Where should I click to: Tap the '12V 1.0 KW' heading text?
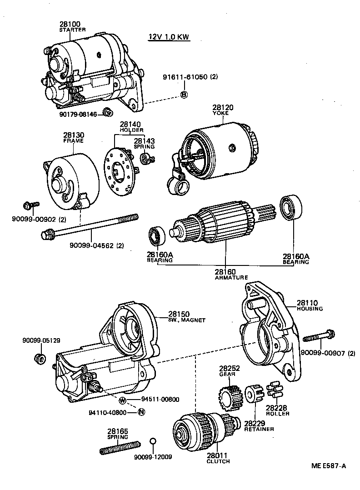[169, 37]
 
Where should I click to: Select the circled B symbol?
[184, 95]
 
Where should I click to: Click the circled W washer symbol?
[122, 400]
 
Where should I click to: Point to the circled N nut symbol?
[141, 412]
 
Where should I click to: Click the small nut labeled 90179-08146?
[108, 111]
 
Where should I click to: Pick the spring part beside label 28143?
[147, 158]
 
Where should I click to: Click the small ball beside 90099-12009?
[153, 441]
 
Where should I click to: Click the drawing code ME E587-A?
[329, 465]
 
